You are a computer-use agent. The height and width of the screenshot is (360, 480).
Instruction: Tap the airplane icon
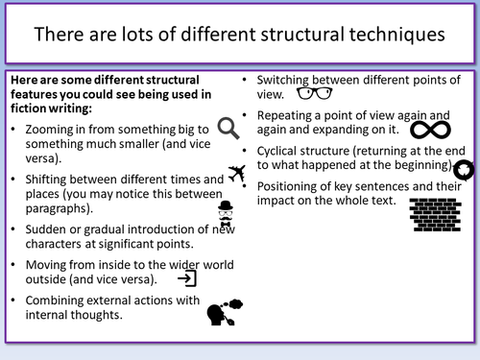coord(237,173)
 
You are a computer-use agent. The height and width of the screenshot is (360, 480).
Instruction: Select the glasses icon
coord(314,93)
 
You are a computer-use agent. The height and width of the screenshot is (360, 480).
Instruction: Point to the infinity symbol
coord(432,130)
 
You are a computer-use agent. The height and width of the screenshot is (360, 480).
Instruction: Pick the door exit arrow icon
coord(188,278)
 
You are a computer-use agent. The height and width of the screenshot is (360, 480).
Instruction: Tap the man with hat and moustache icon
coord(225,214)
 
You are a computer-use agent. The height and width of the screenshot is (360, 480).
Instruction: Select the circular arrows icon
coord(463,170)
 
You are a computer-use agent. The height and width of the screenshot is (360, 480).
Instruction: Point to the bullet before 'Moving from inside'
coord(11,264)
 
